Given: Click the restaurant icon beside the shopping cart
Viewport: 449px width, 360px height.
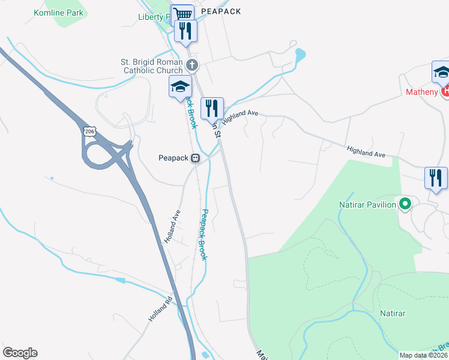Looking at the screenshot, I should pos(185,31).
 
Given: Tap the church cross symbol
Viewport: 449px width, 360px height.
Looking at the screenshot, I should pos(192,64).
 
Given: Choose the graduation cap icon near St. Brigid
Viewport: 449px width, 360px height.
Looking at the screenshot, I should pos(179,87).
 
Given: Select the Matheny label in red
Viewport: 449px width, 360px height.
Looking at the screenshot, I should pos(422,92).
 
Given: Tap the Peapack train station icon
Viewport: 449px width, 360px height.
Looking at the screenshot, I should pos(195,158).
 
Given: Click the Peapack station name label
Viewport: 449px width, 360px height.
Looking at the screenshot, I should pos(173,158).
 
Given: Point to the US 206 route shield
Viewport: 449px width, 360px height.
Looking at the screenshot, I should pos(89,130).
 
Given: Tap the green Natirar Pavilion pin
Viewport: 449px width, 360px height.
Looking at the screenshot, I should pos(405,205).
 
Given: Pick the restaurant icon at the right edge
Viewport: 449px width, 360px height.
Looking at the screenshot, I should pos(436,178).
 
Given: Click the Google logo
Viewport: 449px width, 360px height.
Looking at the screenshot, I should pos(20,353).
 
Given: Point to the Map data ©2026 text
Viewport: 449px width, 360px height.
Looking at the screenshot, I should pos(423,355).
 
